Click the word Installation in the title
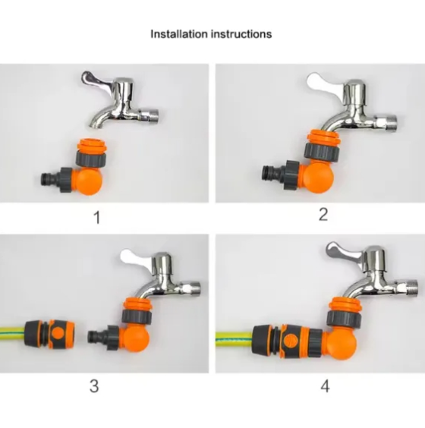click(179, 34)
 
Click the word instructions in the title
click(241, 34)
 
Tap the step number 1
click(97, 218)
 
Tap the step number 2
click(323, 214)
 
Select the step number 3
click(94, 386)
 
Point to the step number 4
click(325, 386)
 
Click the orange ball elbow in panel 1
click(89, 180)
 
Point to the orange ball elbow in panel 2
click(319, 178)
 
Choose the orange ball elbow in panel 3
click(136, 340)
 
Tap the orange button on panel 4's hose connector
click(290, 341)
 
